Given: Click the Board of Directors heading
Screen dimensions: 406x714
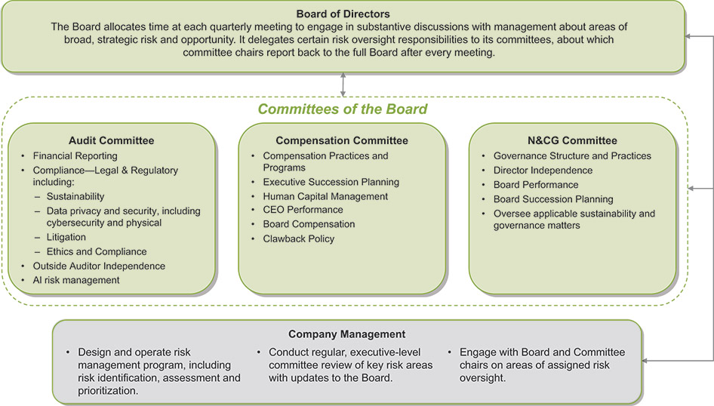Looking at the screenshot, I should pos(343,13).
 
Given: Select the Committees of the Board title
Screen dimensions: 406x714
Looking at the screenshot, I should pos(343,109).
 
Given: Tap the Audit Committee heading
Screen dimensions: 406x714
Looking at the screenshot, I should pos(111,140).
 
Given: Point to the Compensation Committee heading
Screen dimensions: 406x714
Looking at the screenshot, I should pos(342,140).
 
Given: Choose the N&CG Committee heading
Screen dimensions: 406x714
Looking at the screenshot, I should pos(573,140).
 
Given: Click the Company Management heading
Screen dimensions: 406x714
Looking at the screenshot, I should pos(347,334).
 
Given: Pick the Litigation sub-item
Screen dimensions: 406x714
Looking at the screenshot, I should pos(66,237).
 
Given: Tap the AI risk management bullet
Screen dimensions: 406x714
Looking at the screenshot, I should pos(76,280).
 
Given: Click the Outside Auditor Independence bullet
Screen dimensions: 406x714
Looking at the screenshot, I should pos(99,266).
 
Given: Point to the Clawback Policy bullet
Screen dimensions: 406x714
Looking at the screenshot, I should pos(298,238).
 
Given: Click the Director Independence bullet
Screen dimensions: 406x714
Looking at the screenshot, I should pos(543,171).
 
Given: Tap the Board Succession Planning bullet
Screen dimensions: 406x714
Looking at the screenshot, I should pos(553,199).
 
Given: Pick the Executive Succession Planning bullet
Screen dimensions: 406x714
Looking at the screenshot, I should pos(331,182).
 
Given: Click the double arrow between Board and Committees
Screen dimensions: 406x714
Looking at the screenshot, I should pos(343,85).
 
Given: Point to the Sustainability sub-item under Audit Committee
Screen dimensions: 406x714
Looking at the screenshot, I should pos(75,196).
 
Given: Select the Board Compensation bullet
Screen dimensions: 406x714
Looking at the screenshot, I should pos(309,224).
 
